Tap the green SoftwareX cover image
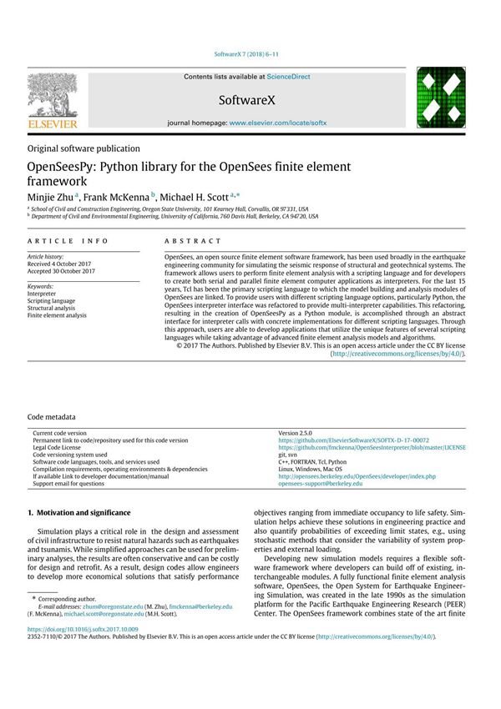[x=441, y=99]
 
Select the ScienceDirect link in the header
[x=289, y=77]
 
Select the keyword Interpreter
[x=43, y=294]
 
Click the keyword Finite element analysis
[x=57, y=316]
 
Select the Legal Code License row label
[x=63, y=447]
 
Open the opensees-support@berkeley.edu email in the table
[x=321, y=483]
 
